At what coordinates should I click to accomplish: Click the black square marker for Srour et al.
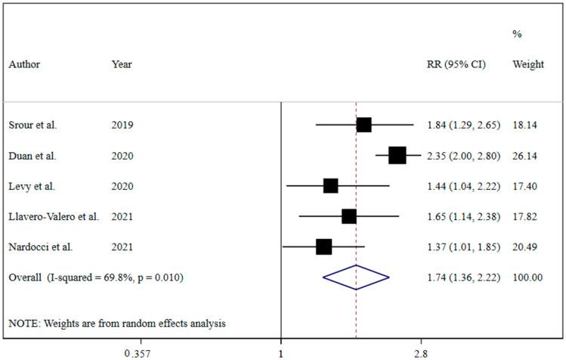tap(363, 125)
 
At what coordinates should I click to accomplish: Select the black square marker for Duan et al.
tap(397, 156)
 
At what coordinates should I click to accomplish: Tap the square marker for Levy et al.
tap(330, 186)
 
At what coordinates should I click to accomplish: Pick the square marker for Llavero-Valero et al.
tap(348, 216)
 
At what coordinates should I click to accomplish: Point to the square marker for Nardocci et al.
tap(323, 247)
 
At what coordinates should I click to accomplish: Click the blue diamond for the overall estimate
tap(356, 278)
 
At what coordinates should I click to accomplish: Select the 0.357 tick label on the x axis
tap(137, 352)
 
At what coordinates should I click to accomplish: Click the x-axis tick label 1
tap(281, 352)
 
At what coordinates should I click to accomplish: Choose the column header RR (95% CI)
tap(456, 64)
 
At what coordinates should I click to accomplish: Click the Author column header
tap(24, 64)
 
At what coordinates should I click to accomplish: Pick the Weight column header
tap(528, 64)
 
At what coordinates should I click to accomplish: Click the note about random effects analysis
tap(117, 323)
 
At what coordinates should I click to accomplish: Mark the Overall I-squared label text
tap(96, 278)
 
